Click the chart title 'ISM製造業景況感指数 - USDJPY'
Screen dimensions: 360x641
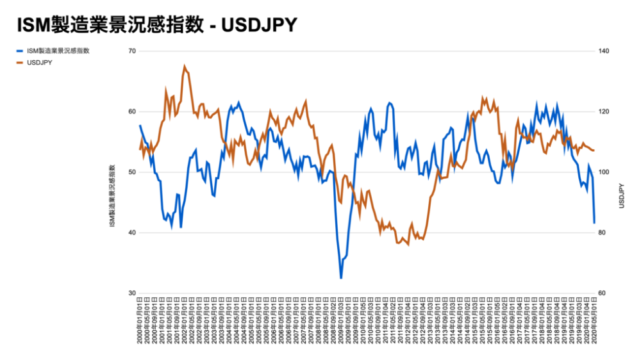pyautogui.click(x=156, y=24)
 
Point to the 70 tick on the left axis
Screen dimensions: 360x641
pyautogui.click(x=132, y=51)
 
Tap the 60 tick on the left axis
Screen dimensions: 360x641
pyautogui.click(x=132, y=112)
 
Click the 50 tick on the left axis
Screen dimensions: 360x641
pyautogui.click(x=132, y=172)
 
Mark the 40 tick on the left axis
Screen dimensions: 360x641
pyautogui.click(x=132, y=233)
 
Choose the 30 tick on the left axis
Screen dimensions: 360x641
pyautogui.click(x=132, y=293)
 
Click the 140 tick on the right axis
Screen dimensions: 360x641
pyautogui.click(x=606, y=51)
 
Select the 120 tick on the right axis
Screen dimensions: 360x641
pyautogui.click(x=606, y=112)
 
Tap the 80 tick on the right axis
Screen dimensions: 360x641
pyautogui.click(x=604, y=233)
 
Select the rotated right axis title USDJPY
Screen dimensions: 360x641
pyautogui.click(x=622, y=195)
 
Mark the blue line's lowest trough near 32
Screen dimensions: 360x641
pyautogui.click(x=341, y=278)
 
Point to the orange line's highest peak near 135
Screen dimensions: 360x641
pyautogui.click(x=185, y=66)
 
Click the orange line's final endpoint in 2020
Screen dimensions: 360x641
pyautogui.click(x=594, y=151)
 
